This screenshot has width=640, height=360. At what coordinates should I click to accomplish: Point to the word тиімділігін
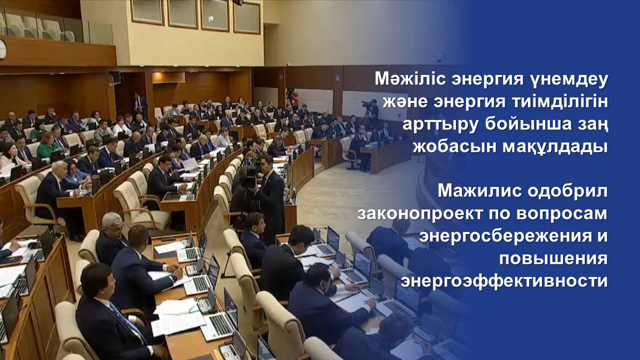pos(556,102)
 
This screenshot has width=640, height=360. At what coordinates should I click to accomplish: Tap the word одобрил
pos(567,191)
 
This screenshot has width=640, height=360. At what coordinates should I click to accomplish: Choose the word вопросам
pos(562,215)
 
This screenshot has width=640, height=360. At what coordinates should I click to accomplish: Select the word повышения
pos(553,260)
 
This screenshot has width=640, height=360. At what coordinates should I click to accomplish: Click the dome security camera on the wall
pos(440,57)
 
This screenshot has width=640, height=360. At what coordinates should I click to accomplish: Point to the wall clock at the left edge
pos(3,49)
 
